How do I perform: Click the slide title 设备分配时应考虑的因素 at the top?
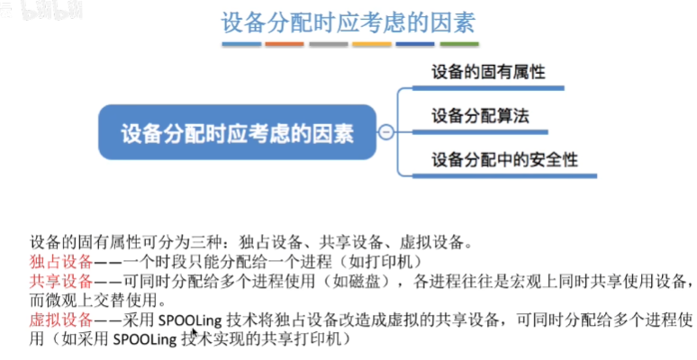[348, 22]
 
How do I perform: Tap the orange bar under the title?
[285, 43]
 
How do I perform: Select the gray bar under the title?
[328, 43]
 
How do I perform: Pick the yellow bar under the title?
[371, 43]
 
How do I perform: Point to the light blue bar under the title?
[240, 43]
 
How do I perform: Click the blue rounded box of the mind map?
[238, 133]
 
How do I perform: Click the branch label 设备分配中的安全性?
[503, 160]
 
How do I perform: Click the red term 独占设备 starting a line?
[60, 262]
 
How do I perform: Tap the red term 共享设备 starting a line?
[60, 281]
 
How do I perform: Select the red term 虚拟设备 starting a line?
[60, 320]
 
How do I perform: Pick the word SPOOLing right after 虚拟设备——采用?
[190, 320]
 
